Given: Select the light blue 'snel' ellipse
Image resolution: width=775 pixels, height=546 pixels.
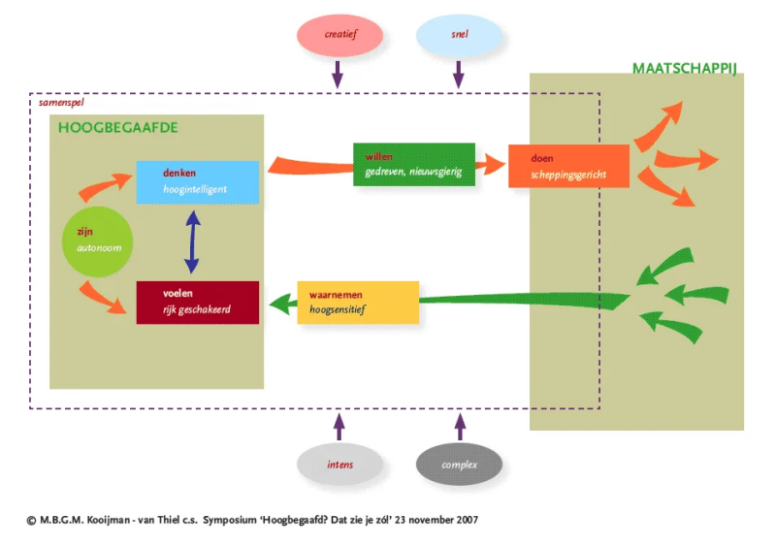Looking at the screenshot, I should pos(460,35).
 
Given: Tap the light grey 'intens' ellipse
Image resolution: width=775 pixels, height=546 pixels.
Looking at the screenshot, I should pos(339,465).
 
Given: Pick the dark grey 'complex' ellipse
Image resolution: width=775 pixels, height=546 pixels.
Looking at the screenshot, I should pos(460,465).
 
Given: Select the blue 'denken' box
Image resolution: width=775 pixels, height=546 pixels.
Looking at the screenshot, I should pos(198,181).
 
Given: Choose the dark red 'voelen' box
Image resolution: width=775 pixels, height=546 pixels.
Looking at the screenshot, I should pos(198,302).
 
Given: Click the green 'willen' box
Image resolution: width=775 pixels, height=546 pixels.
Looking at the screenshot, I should pos(414,164).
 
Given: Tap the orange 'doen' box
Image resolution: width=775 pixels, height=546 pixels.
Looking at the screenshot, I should pos(568,166).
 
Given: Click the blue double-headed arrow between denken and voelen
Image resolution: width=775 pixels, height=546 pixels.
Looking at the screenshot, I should pos(192,241).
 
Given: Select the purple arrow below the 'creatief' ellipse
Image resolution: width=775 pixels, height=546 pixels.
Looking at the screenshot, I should pos(338,72).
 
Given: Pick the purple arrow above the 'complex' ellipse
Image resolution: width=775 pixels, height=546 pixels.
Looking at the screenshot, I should pos(461,425).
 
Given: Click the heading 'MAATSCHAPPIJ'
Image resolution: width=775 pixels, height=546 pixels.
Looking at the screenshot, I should pos(685,68).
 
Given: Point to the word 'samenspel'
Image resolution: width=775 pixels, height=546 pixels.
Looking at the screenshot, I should pos(60,101).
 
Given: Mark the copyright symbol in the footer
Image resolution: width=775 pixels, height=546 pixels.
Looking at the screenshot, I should pos(31,520).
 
